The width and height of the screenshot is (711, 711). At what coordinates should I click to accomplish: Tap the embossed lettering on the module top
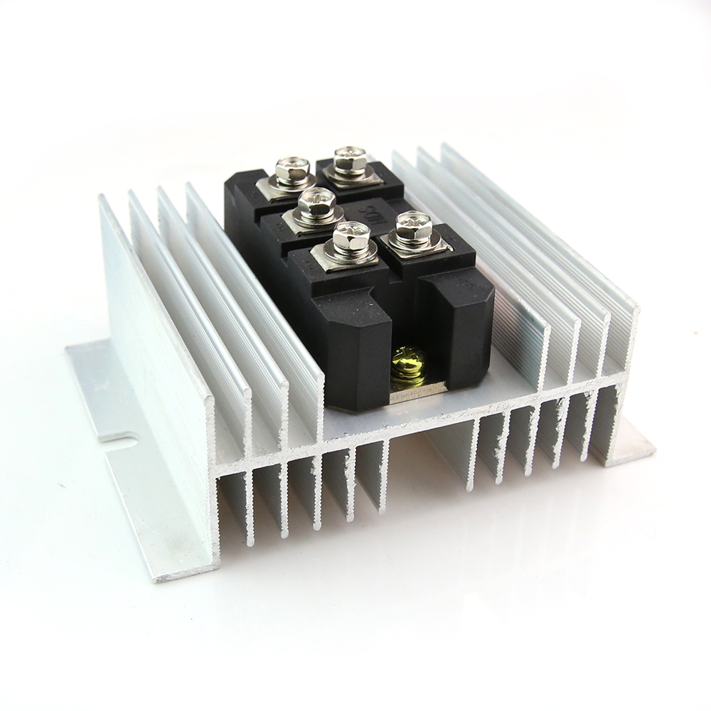coord(370,210)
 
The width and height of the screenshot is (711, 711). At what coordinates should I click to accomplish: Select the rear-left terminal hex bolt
coord(292,171)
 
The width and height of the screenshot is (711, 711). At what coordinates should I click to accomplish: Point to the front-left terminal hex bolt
coord(346,238)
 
